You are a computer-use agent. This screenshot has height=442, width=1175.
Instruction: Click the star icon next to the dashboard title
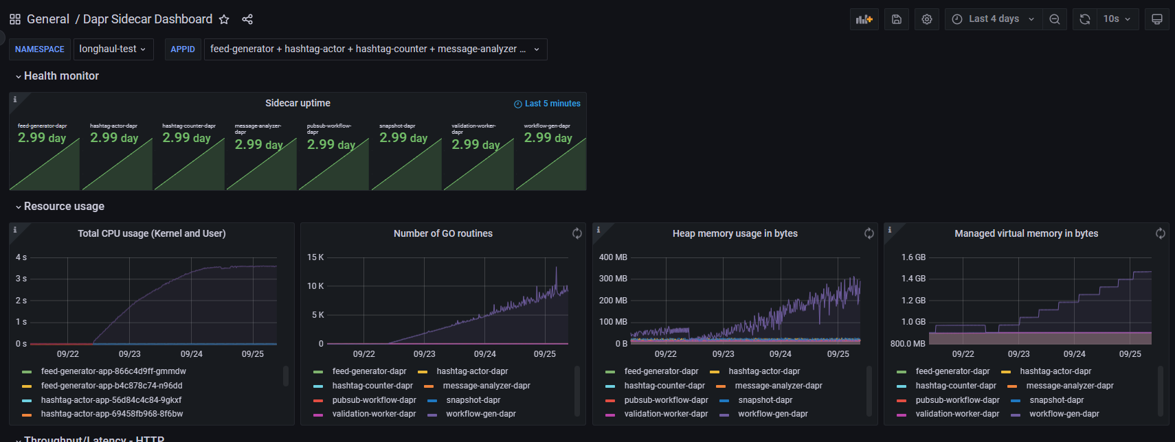coord(224,19)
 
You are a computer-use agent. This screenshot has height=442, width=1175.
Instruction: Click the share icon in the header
coord(247,19)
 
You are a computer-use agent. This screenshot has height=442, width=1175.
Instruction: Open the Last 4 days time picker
coord(994,19)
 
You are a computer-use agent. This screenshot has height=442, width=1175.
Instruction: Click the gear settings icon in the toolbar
coord(927,19)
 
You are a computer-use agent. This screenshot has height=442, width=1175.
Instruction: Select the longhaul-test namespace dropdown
coord(113,49)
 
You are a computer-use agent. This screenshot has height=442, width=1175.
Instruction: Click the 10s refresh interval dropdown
coord(1117,19)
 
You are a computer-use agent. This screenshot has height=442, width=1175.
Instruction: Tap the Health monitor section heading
coord(61,76)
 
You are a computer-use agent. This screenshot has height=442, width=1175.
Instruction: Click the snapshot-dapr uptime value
coord(403,138)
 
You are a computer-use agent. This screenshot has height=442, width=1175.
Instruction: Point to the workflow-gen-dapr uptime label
coord(547,126)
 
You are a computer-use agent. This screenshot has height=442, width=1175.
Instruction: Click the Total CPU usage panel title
coord(151,233)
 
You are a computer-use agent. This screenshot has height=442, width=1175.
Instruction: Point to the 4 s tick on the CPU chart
coord(21,257)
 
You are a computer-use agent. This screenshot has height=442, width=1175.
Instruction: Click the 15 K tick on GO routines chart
coord(315,257)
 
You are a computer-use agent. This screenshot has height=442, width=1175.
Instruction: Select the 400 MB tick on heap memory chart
coord(613,257)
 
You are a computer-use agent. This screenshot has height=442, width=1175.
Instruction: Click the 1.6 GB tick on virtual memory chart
coord(913,257)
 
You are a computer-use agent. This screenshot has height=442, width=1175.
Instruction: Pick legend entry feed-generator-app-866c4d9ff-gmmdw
coord(113,371)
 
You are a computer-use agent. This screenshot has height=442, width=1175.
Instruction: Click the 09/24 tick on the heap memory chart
coord(780,354)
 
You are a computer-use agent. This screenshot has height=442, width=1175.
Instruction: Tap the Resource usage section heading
coord(64,207)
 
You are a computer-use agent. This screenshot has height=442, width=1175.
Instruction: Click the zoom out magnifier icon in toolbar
coord(1054,19)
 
